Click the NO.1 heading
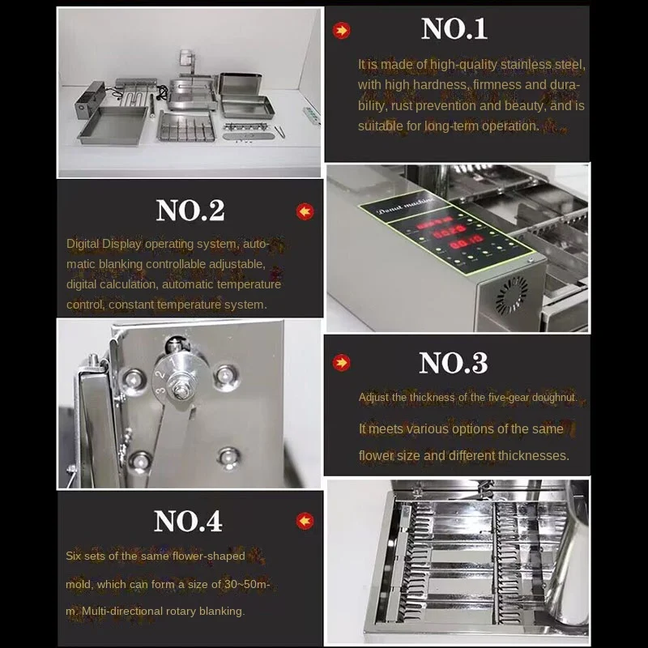coord(454,29)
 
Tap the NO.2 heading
coord(190,211)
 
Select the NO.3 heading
coord(454,363)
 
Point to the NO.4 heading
coord(188,521)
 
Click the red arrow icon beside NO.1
coord(341,30)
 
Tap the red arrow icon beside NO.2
coord(305,211)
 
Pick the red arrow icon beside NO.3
coord(341,362)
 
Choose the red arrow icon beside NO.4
coord(305,521)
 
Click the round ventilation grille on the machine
coord(512,296)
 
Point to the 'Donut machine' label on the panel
coord(406,206)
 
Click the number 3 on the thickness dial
coord(160,390)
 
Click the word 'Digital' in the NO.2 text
coord(83,244)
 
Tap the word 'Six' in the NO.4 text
coord(73,556)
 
